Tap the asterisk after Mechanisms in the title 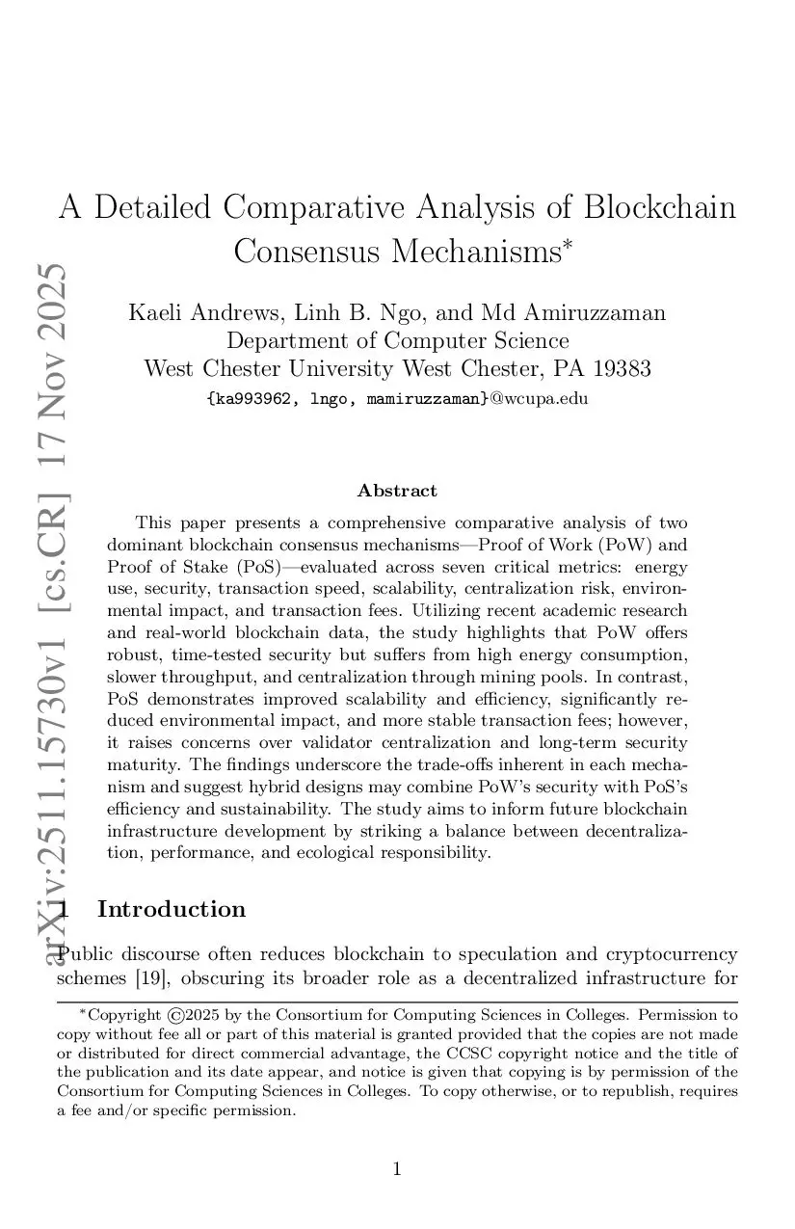tap(568, 243)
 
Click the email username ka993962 tap(252, 398)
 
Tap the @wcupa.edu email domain tap(539, 398)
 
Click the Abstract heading tap(397, 491)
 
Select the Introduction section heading tap(172, 910)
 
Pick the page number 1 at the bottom tap(397, 1170)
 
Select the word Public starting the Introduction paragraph tap(90, 955)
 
